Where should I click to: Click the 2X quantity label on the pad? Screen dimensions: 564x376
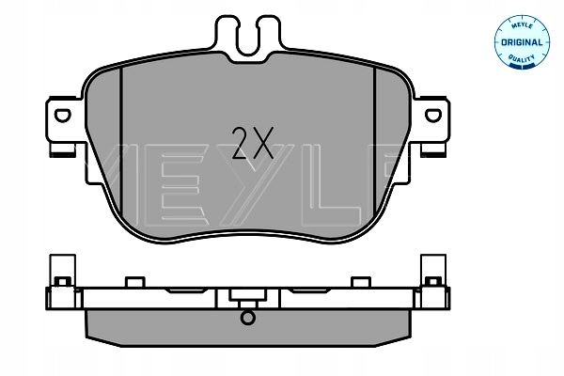pyautogui.click(x=253, y=143)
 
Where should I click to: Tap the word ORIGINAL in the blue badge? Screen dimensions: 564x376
pyautogui.click(x=522, y=42)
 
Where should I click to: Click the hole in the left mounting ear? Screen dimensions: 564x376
pyautogui.click(x=62, y=115)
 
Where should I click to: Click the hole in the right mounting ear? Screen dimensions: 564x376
pyautogui.click(x=433, y=115)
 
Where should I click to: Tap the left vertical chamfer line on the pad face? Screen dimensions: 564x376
pyautogui.click(x=121, y=144)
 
